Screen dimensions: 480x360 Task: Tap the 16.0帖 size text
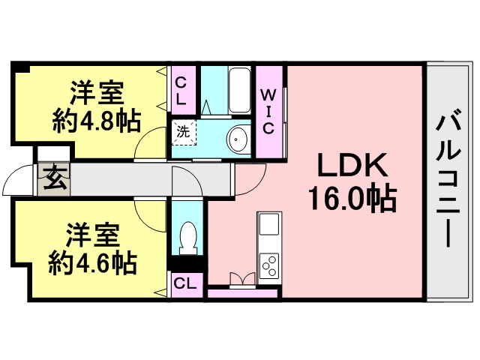click(x=353, y=197)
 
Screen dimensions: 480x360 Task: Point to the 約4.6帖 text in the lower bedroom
click(x=92, y=263)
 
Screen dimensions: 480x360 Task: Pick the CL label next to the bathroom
click(x=181, y=91)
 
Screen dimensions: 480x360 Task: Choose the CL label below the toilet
click(x=185, y=284)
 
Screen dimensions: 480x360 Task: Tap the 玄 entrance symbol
click(x=54, y=179)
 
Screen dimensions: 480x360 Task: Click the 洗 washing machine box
click(x=184, y=133)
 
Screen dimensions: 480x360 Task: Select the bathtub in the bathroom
click(x=240, y=90)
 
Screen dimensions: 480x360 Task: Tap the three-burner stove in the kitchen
click(x=269, y=265)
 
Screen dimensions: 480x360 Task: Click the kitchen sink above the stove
click(x=269, y=224)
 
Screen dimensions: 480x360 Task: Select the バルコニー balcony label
click(x=448, y=178)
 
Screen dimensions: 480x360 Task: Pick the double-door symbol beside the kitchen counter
click(x=242, y=280)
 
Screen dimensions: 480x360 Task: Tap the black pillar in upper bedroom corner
click(x=20, y=67)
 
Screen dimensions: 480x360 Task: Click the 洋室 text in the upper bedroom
click(x=97, y=93)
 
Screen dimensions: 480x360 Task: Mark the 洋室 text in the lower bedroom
click(x=92, y=235)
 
